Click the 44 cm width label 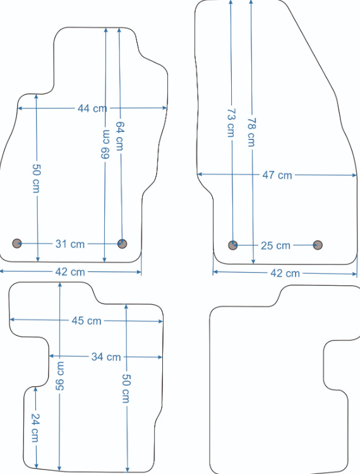pos(92,108)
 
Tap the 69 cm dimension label pos(105,144)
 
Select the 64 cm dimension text pos(120,136)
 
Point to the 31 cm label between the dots pos(70,244)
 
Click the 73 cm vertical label pos(231,123)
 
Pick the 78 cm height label pos(251,132)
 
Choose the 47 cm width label pos(277,175)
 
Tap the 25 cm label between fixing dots pos(275,246)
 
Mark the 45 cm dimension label pos(87,321)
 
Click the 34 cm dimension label pos(106,357)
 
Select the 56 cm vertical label pos(60,376)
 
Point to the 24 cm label pos(35,428)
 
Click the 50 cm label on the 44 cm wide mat pos(36,179)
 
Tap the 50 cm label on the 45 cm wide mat pos(126,388)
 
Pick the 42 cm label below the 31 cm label pos(70,272)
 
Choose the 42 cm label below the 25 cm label pos(285,273)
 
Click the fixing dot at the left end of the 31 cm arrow pos(17,244)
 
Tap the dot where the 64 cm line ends pos(122,244)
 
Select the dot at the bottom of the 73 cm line pos(233,245)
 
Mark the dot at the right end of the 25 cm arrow pos(318,245)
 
